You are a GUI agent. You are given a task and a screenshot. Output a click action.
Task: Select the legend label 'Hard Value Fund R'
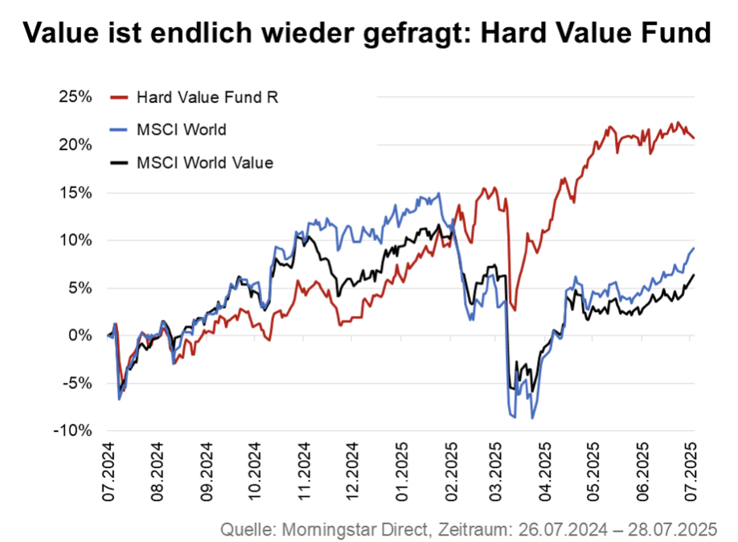207,97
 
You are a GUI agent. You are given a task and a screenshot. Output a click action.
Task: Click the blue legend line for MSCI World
118,129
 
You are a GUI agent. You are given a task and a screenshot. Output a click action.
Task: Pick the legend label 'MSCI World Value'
204,162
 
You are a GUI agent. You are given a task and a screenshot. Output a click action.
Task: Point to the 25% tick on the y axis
75,97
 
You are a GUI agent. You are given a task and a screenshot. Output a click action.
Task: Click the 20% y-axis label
75,145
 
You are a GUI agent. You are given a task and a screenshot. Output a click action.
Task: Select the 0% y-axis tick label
80,335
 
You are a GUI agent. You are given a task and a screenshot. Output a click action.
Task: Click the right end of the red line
694,138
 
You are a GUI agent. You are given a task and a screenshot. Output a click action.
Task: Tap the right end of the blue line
694,248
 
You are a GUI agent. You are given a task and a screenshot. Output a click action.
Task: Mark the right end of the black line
694,275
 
